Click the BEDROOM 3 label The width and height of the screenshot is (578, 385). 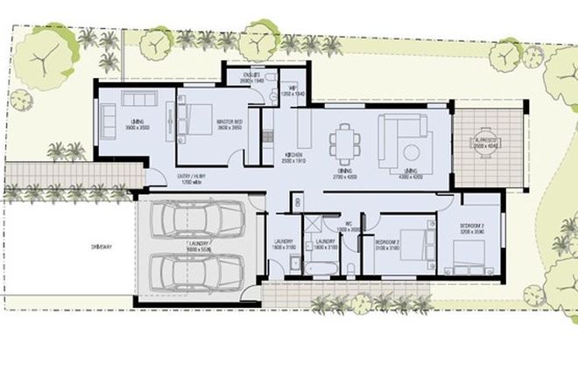472,227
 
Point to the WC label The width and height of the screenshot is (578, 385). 349,225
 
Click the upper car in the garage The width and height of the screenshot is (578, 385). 194,220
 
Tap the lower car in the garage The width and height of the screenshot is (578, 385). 194,273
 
